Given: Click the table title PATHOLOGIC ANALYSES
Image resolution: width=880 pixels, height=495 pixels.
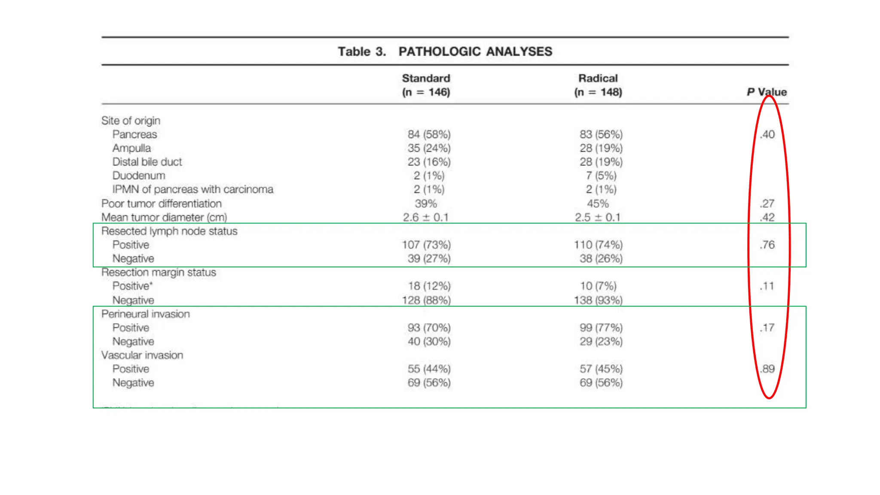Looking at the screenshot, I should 475,52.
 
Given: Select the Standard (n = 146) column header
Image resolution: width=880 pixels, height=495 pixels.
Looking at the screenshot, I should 426,85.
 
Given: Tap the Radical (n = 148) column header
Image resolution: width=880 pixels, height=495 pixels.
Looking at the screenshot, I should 598,85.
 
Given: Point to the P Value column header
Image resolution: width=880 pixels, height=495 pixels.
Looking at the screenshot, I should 767,92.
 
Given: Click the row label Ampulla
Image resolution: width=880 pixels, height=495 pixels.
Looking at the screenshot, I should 131,148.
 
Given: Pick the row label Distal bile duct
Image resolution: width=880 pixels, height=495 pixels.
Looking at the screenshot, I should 147,162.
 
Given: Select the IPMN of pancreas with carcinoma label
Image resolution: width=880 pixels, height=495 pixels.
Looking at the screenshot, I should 192,189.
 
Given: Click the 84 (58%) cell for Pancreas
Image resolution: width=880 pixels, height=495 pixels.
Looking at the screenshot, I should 429,134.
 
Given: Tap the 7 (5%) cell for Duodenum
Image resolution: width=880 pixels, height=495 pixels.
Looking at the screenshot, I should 601,176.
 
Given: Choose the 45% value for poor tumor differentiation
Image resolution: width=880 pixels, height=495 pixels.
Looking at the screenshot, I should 598,204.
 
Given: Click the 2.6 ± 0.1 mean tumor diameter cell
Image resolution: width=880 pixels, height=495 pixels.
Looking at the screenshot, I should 425,217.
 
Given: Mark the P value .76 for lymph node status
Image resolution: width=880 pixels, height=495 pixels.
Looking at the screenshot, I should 767,245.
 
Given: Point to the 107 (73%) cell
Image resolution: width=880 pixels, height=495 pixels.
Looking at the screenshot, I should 426,245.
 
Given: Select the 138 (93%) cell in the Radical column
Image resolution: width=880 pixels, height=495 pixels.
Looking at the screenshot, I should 598,300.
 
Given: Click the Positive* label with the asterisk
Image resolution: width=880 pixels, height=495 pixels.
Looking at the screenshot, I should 132,286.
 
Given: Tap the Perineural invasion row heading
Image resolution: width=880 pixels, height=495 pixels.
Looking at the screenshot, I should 145,314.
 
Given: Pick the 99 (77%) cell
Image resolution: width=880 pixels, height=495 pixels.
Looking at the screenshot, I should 601,328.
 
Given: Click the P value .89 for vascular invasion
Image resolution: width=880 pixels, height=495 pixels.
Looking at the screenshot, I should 767,369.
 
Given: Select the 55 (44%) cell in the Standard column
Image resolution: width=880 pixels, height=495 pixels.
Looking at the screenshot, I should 429,369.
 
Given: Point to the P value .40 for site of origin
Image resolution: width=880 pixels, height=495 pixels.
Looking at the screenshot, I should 767,134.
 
